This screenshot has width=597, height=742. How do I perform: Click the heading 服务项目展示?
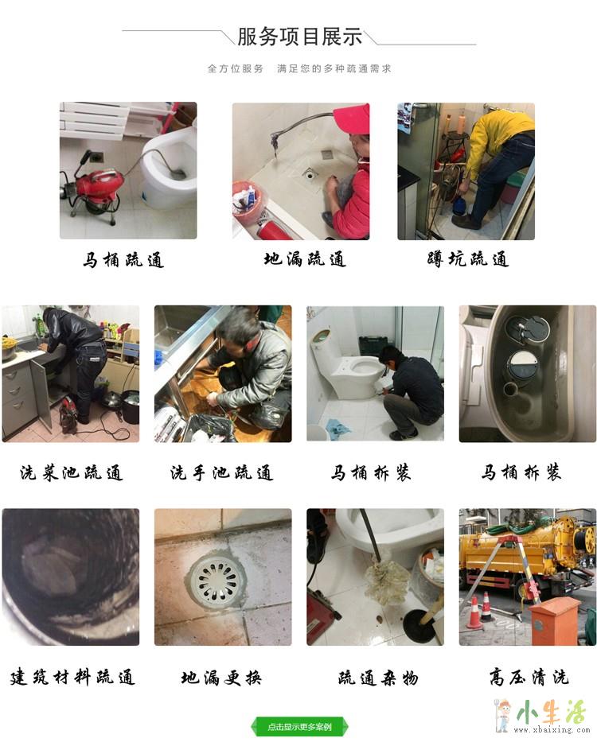click(x=299, y=37)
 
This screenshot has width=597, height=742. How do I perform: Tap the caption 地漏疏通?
click(x=305, y=259)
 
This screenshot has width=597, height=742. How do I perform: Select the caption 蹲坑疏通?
click(x=468, y=259)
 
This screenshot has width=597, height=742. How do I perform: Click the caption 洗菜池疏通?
click(x=71, y=472)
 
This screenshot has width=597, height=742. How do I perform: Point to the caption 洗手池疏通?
click(x=222, y=472)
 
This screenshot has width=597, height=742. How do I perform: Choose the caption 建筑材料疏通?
click(x=72, y=677)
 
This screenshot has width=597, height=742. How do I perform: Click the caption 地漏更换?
click(x=221, y=678)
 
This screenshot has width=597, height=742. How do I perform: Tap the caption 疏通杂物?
click(x=378, y=678)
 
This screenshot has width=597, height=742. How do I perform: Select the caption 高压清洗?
click(x=529, y=677)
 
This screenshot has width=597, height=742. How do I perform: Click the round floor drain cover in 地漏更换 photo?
click(x=218, y=580)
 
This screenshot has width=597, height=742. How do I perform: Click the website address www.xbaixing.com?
click(x=551, y=730)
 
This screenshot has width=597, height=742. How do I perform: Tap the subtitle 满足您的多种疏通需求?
click(x=334, y=68)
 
